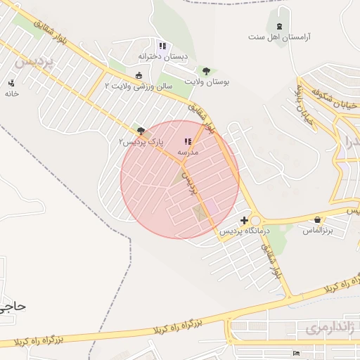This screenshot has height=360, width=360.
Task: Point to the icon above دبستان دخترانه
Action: coord(163,46)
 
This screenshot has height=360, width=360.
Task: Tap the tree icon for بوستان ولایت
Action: coord(206,70)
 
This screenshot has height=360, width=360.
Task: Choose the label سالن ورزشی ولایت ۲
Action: coord(139,86)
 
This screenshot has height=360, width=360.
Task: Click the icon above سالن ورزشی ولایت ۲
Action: coord(139,75)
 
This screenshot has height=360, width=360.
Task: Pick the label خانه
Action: coord(11,93)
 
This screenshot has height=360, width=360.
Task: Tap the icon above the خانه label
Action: coord(11,82)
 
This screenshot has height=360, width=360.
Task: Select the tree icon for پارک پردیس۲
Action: coord(141,130)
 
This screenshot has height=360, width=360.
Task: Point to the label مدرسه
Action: coord(188,152)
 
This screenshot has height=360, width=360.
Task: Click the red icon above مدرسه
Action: coord(188,141)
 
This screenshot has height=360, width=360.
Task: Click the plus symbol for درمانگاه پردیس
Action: coord(244,220)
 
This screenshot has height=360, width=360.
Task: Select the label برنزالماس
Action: coord(318,230)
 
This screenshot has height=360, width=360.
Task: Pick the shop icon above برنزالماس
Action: coord(319,219)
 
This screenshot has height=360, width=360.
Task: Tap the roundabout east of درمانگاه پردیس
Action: coord(255,220)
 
